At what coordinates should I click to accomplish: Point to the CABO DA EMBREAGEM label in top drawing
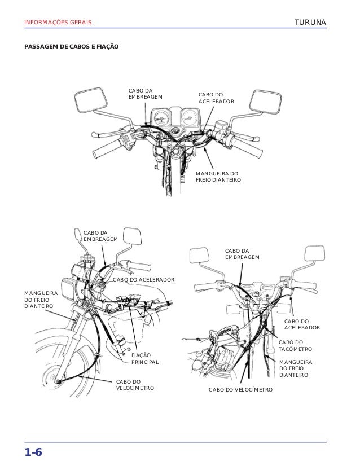pyautogui.click(x=145, y=94)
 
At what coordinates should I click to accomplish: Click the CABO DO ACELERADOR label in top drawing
pyautogui.click(x=216, y=98)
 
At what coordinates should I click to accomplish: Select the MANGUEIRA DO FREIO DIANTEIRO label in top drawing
pyautogui.click(x=218, y=177)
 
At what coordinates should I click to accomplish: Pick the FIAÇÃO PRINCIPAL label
pyautogui.click(x=145, y=359)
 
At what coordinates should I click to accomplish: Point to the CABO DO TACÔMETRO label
pyautogui.click(x=291, y=345)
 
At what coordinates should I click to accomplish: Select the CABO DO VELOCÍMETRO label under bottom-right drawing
pyautogui.click(x=240, y=390)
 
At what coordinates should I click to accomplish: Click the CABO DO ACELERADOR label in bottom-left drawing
pyautogui.click(x=144, y=280)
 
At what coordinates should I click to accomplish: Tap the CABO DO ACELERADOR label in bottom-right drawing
pyautogui.click(x=301, y=324)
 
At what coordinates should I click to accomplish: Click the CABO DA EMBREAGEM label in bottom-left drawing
pyautogui.click(x=100, y=235)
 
